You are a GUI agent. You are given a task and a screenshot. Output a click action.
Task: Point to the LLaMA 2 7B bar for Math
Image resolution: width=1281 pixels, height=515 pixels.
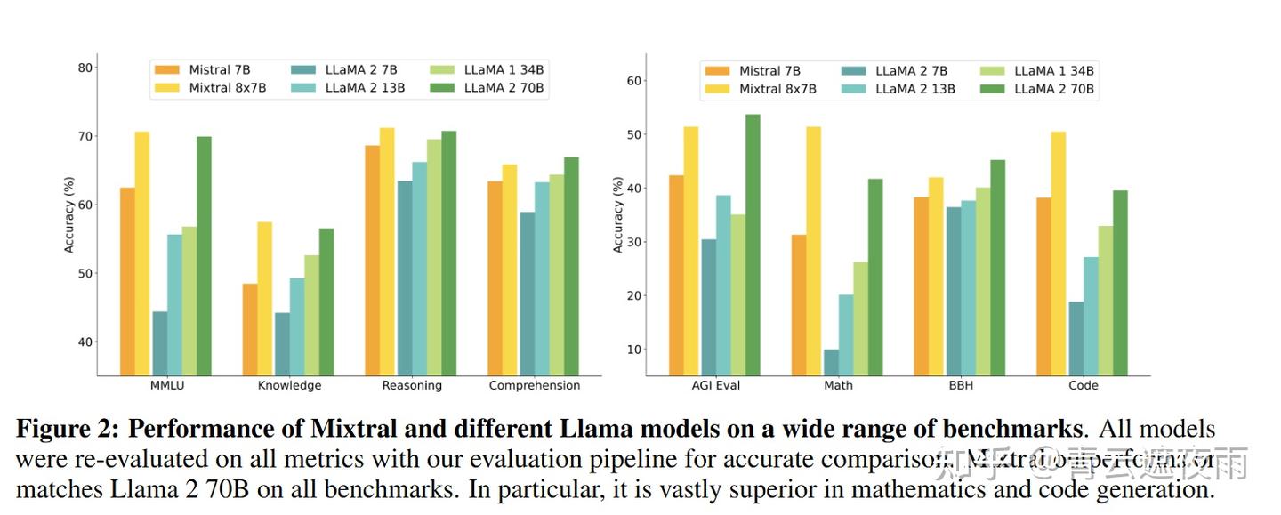pyautogui.click(x=831, y=362)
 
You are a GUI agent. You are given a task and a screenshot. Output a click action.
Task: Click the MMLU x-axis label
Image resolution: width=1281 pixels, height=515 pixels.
pyautogui.click(x=167, y=386)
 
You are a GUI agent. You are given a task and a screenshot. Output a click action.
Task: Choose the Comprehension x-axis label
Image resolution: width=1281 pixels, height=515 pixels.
pyautogui.click(x=534, y=386)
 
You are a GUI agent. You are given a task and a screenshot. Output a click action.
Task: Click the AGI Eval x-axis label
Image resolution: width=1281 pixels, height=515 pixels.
pyautogui.click(x=715, y=386)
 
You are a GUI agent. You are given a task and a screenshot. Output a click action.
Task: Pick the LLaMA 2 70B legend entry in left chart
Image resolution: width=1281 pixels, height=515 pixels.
pyautogui.click(x=504, y=87)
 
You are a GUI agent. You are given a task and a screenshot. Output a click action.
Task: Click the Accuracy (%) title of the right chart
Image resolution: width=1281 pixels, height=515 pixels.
pyautogui.click(x=617, y=214)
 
